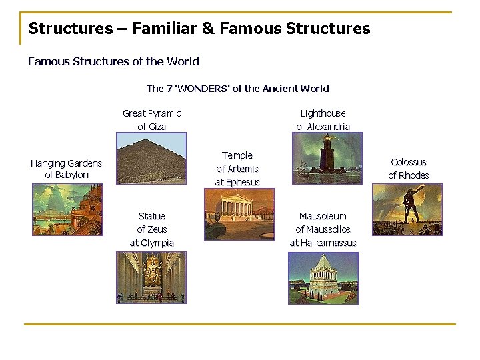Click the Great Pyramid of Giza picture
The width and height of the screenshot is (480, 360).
coord(151,158)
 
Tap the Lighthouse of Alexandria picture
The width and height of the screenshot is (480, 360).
coord(327,158)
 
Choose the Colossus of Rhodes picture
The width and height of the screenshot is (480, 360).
coord(407,210)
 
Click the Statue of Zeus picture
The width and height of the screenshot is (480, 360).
coord(151,277)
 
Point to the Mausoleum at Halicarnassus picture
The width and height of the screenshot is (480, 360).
coord(323,277)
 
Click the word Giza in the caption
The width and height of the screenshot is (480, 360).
coord(158,127)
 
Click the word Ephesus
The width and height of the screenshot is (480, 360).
coord(243,182)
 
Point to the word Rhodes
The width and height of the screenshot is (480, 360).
coord(415,175)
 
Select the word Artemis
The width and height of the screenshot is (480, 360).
coord(243,169)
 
